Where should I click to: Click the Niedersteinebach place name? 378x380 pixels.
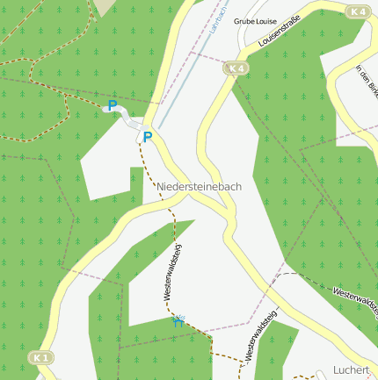tap(200, 187)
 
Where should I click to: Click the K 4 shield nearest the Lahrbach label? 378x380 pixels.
tap(235, 68)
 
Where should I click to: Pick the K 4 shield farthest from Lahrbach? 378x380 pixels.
tap(357, 11)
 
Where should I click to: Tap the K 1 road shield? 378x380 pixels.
tap(40, 358)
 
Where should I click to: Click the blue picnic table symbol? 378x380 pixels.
tap(179, 321)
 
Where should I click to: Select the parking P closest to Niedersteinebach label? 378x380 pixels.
tap(148, 137)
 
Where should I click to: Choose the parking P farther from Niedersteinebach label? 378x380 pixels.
tap(112, 105)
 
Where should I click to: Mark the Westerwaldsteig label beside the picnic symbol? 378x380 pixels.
tap(172, 273)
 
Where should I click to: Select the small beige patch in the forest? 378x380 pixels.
tap(105, 6)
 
